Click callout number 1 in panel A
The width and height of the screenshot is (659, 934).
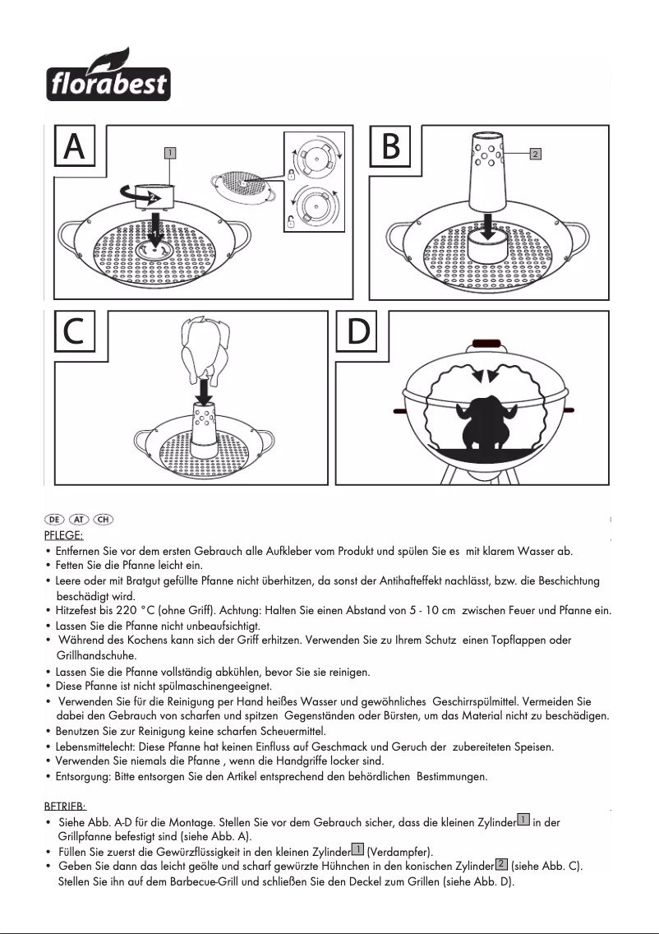(x=168, y=152)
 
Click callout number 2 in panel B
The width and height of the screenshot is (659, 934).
(x=534, y=153)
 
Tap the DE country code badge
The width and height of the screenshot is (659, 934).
(x=54, y=520)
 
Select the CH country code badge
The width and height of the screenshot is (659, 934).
(x=104, y=520)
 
